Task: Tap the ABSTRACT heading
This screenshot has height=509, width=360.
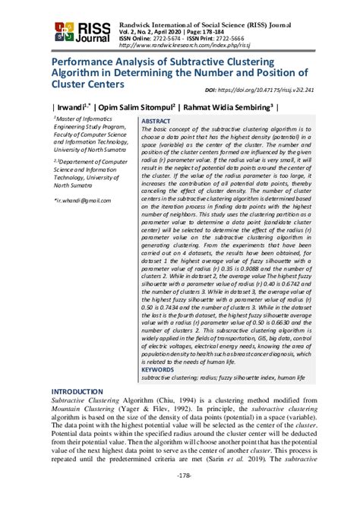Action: pyautogui.click(x=156, y=121)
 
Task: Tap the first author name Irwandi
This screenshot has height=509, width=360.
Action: pyautogui.click(x=66, y=106)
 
